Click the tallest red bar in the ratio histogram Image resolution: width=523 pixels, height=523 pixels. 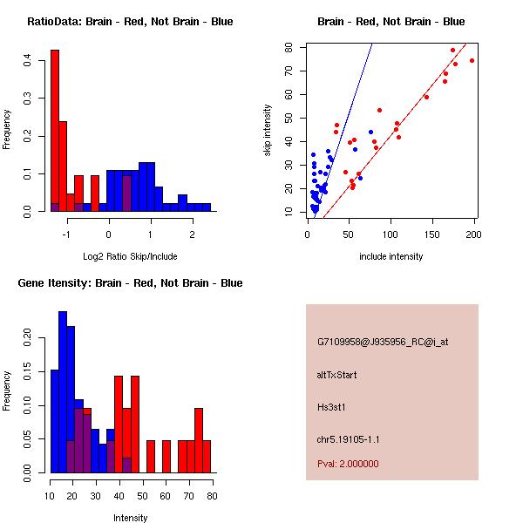(x=55, y=131)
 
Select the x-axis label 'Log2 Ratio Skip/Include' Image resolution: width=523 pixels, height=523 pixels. (x=130, y=255)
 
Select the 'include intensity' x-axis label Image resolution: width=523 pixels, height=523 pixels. (x=391, y=256)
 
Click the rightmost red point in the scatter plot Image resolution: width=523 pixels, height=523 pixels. (x=472, y=60)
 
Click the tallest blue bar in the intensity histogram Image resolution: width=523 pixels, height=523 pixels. (x=63, y=391)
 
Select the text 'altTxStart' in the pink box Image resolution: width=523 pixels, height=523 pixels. (x=336, y=375)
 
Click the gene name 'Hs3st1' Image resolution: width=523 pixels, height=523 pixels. (x=332, y=406)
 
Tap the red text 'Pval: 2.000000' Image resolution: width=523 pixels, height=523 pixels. (x=348, y=464)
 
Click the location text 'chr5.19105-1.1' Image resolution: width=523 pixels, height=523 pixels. (x=349, y=438)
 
